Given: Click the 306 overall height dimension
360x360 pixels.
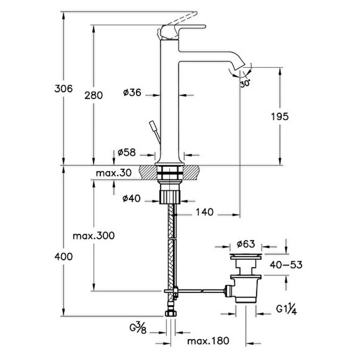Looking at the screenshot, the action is (64, 88).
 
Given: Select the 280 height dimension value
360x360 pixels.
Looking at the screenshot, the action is (94, 95).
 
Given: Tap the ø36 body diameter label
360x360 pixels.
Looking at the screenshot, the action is (132, 92).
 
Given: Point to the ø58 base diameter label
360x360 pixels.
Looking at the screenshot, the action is (127, 152).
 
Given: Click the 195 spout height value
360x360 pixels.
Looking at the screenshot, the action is (280, 117).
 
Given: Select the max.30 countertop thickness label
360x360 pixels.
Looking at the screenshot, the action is (114, 173).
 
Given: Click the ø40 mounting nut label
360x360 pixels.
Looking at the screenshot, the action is (131, 198).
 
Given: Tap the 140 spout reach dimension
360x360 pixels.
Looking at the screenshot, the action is (205, 212).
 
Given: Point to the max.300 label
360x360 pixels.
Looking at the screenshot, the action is (94, 236).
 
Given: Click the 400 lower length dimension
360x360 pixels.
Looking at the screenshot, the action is (64, 257).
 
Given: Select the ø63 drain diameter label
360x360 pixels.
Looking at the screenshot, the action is (246, 244).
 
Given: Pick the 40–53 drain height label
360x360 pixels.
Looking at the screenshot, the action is (286, 265).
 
